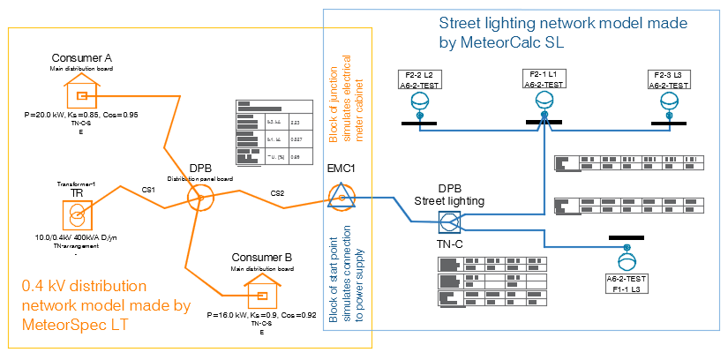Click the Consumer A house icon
(81, 93)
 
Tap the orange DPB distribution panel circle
(199, 199)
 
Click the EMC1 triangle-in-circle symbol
(340, 198)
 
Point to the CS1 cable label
(148, 190)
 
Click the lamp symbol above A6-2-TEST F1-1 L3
(627, 261)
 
